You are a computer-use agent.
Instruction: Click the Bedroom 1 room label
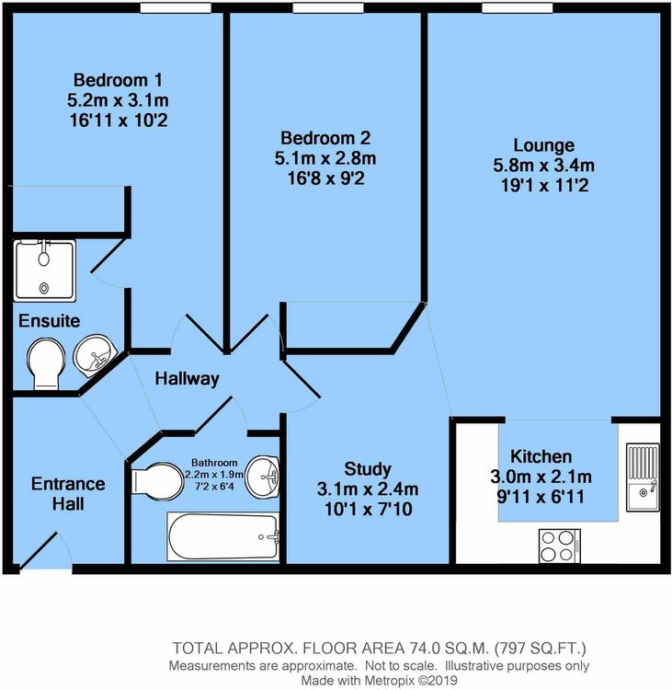pos(118,80)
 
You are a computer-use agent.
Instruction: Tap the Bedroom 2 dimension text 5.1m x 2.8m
pos(325,158)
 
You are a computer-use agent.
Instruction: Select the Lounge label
pos(544,145)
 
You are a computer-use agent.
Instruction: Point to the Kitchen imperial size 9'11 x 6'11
pos(541,497)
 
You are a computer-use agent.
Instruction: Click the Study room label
pos(368,469)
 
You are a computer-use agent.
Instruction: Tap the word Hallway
pos(187,379)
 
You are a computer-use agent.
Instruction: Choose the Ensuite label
pos(50,321)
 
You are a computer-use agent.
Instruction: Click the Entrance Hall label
pos(68,494)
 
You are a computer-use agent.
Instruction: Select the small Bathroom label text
pos(214,463)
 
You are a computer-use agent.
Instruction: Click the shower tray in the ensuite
pos(45,270)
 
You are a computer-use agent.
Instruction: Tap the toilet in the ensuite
pos(46,363)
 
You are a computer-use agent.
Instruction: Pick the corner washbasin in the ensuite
pos(94,355)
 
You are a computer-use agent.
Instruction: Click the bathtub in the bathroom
pos(223,536)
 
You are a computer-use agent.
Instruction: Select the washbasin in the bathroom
pos(262,477)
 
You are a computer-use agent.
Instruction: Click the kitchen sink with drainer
pos(643,477)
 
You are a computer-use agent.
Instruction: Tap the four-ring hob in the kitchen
pos(560,546)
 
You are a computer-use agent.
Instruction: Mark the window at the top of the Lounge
pos(518,8)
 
